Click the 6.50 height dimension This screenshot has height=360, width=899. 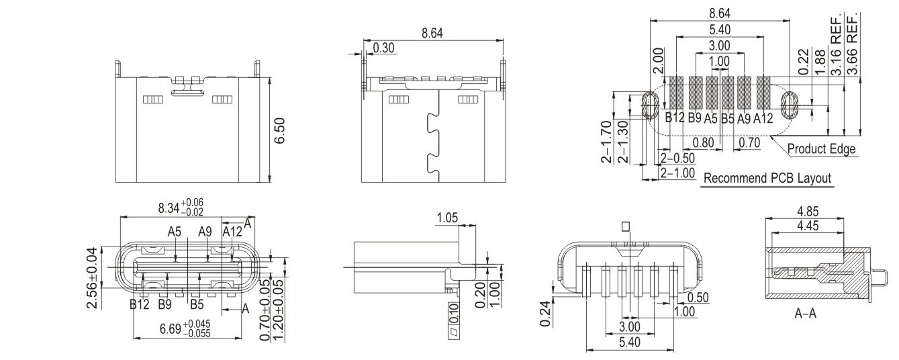point(279,130)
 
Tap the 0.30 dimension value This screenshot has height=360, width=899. point(383,48)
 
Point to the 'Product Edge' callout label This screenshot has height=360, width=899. point(821,149)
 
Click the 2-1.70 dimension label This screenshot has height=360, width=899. point(606,142)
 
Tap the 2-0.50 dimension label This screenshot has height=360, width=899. point(678,158)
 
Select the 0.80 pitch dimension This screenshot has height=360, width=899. point(703,142)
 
